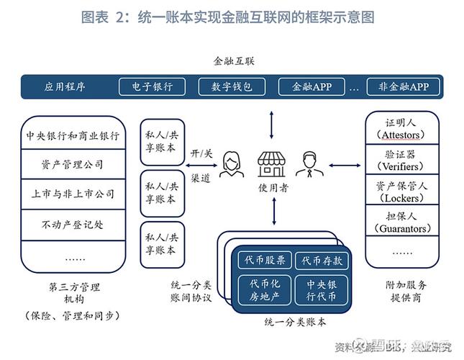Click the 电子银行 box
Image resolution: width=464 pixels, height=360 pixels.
(153, 87)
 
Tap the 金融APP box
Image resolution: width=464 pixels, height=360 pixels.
(311, 87)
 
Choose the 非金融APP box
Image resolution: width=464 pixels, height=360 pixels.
(398, 87)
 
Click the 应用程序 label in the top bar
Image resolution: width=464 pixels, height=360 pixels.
(65, 87)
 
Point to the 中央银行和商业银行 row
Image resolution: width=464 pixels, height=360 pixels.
(72, 135)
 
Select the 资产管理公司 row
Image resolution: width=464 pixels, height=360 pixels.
(72, 165)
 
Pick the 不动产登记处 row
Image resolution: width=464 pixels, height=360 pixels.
(72, 225)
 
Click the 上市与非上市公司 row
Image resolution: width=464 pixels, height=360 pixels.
(72, 194)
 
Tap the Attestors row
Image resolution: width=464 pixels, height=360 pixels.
(401, 129)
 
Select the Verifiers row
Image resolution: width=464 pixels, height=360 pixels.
(401, 161)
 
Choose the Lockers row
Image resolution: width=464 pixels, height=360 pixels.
(401, 192)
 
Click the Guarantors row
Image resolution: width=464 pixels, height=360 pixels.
(401, 222)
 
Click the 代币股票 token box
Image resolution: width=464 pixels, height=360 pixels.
(265, 261)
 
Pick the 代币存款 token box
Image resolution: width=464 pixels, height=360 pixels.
(322, 261)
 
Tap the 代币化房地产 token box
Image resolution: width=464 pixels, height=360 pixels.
(265, 290)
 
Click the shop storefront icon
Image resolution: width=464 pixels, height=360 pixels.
(273, 163)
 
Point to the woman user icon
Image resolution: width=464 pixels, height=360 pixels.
(232, 165)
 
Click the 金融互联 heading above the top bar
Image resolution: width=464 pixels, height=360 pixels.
(234, 61)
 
